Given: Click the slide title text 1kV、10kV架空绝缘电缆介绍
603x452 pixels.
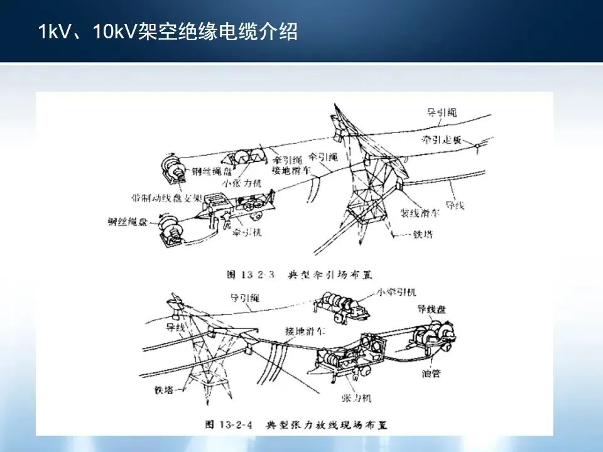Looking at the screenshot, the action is (168, 31).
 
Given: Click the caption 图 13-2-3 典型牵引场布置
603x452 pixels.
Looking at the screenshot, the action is (299, 274).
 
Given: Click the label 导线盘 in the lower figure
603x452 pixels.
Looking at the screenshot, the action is (432, 309).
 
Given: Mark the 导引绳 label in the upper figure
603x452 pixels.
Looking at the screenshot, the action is (442, 113).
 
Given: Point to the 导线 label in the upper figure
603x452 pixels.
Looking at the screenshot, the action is (454, 205).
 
